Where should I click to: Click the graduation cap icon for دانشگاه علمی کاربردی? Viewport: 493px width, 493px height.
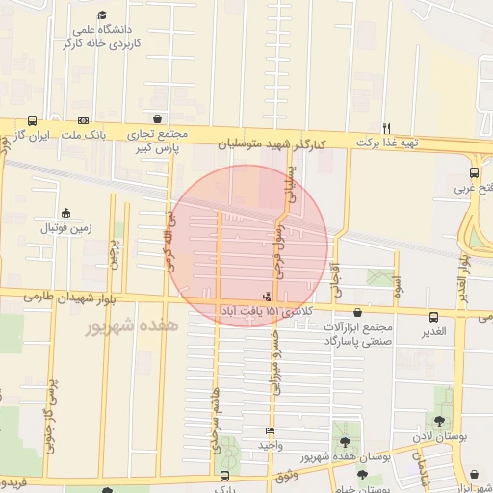pyautogui.click(x=102, y=14)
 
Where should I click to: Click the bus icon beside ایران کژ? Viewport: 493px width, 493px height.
pyautogui.click(x=33, y=121)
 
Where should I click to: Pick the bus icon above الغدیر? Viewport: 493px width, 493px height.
pyautogui.click(x=433, y=316)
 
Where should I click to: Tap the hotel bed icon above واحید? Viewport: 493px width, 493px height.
pyautogui.click(x=269, y=430)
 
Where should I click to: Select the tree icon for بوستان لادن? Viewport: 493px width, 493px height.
pyautogui.click(x=441, y=421)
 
